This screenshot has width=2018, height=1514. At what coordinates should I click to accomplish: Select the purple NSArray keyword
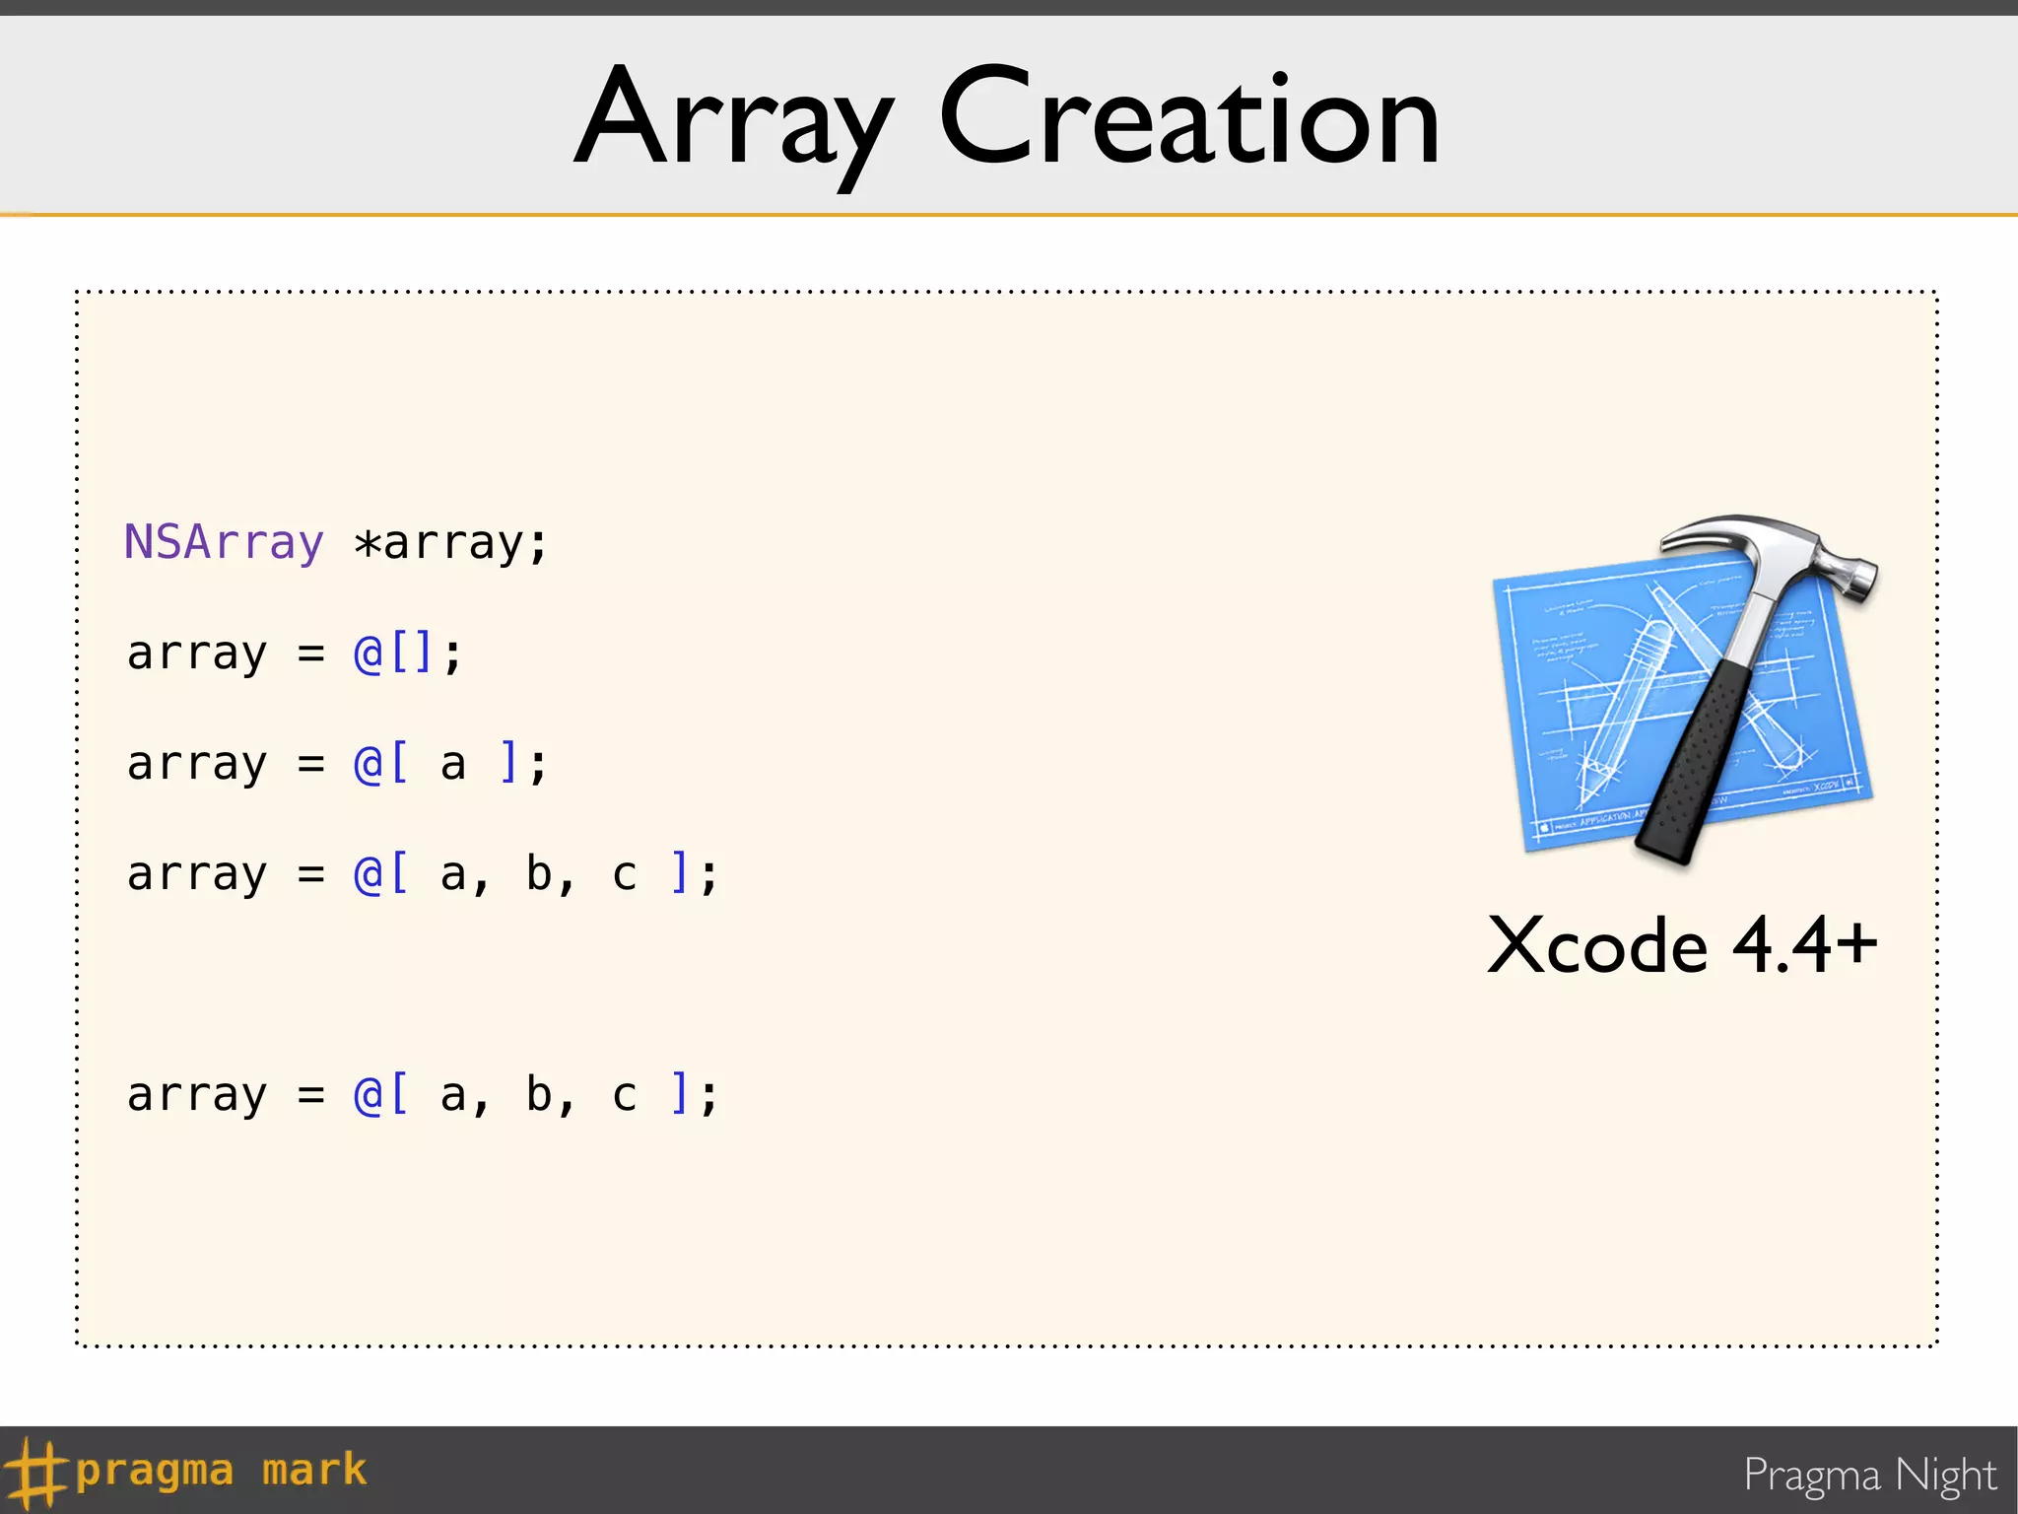click(x=224, y=542)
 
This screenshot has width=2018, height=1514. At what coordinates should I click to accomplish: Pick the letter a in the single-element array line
click(x=452, y=764)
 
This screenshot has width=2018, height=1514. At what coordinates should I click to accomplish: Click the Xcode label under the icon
click(x=1596, y=946)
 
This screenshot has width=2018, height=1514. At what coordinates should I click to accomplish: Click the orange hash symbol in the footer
click(x=34, y=1471)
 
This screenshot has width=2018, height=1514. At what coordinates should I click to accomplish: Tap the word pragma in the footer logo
click(x=155, y=1471)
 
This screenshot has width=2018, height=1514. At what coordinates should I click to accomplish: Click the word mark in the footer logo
click(x=314, y=1471)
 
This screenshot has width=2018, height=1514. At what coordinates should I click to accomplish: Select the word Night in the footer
click(x=1946, y=1475)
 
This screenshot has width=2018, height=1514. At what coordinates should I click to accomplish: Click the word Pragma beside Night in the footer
click(x=1812, y=1477)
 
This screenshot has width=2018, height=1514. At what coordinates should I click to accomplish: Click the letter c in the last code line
click(x=624, y=1095)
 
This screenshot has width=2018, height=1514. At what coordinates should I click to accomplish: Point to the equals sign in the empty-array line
click(x=311, y=653)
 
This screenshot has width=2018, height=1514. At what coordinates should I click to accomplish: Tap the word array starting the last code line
click(x=197, y=1096)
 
